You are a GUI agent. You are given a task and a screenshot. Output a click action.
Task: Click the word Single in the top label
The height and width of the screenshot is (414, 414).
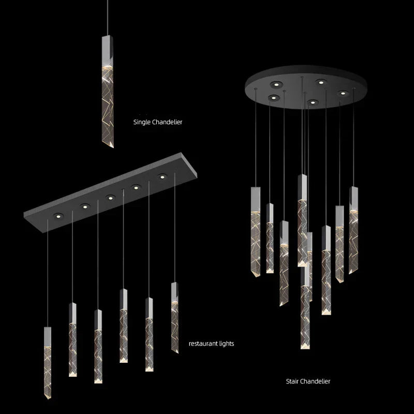[x=142, y=123]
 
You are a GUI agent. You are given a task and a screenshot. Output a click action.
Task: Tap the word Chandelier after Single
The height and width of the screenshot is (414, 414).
[x=167, y=123]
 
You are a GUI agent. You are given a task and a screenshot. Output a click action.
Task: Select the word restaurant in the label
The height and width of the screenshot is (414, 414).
[x=202, y=343]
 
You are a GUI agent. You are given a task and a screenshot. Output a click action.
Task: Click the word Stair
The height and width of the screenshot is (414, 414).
[x=293, y=381]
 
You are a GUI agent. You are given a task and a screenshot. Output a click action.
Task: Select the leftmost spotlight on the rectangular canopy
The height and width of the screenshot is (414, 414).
[x=58, y=215]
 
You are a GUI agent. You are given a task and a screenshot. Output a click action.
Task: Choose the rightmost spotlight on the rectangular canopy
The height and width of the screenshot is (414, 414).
[x=163, y=177]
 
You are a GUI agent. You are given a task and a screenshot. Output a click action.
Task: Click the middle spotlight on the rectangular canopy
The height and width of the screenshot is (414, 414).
[x=110, y=197]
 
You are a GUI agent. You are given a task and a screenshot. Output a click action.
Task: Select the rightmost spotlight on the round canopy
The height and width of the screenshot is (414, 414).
[x=342, y=93]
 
